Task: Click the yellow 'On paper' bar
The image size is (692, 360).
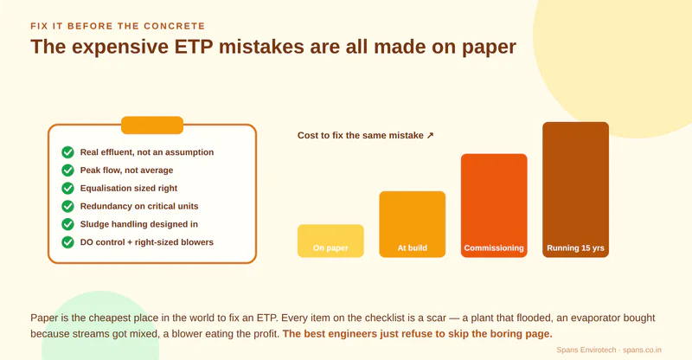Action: click(330, 241)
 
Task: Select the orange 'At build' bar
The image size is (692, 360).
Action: click(413, 224)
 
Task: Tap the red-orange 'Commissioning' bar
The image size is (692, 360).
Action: click(494, 205)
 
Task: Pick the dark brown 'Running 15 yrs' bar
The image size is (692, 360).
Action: click(575, 190)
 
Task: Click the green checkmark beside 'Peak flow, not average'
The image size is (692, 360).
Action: click(67, 170)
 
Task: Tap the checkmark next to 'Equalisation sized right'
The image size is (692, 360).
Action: click(67, 188)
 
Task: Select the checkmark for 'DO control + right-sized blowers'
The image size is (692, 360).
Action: click(67, 242)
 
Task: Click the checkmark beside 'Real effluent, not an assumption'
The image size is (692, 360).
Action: click(67, 152)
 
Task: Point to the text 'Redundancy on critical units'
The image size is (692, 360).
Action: click(139, 206)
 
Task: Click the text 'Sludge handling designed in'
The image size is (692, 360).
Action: click(139, 224)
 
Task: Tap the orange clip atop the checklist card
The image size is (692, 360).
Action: click(152, 125)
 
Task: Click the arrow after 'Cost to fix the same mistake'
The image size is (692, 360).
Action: click(430, 136)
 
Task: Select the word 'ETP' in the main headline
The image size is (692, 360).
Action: click(194, 47)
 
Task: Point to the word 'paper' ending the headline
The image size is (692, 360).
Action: click(489, 48)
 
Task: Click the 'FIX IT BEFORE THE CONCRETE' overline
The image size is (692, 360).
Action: click(118, 26)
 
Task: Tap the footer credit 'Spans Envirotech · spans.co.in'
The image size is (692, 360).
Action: click(609, 350)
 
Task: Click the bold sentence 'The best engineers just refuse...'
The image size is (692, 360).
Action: click(418, 333)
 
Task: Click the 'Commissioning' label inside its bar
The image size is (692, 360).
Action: click(494, 247)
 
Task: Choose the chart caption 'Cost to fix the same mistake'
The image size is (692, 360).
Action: click(361, 136)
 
